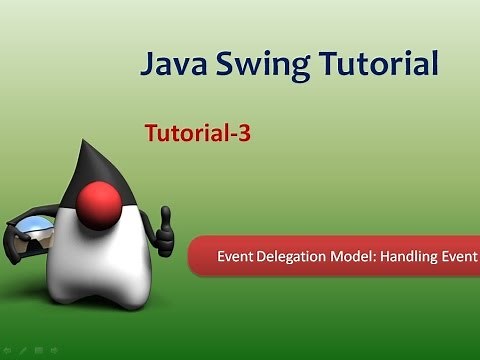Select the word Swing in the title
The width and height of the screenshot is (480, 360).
point(258,67)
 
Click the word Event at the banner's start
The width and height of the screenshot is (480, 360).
point(237,257)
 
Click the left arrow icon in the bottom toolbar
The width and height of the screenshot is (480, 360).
point(8,351)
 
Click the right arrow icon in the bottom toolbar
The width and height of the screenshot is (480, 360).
point(53,351)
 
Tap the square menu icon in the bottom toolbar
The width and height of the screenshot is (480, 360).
point(37,351)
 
